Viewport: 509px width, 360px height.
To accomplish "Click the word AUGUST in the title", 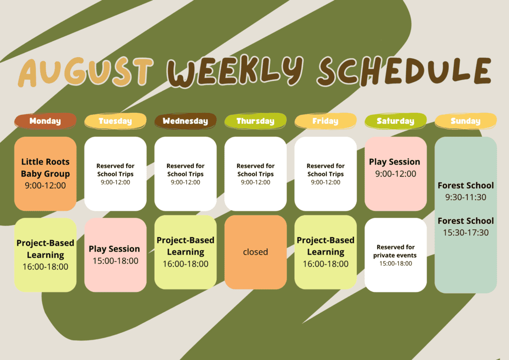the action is [85, 72].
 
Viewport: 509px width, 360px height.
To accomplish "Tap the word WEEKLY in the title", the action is [235, 72].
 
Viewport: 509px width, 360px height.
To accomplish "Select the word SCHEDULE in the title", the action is [405, 71].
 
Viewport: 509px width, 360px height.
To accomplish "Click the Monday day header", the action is [45, 121].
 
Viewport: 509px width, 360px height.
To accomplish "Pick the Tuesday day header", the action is [115, 121].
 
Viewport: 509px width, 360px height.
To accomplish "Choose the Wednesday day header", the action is [185, 121].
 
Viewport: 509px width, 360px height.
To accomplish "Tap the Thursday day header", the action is [255, 121].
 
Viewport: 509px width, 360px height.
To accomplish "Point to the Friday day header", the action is [326, 121].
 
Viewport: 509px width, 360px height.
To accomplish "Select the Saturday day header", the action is [396, 121].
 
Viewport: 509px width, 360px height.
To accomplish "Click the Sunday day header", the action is [466, 121].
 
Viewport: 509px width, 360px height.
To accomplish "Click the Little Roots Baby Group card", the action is [45, 174].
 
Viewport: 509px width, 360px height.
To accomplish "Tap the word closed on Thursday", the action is [255, 252].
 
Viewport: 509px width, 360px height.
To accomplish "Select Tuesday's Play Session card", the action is [115, 255].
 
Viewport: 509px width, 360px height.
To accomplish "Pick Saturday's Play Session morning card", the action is [396, 174].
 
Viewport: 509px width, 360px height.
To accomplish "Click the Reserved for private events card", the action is [396, 255].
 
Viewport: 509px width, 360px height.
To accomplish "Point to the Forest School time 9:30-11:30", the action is [466, 197].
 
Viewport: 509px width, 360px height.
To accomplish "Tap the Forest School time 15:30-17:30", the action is [466, 232].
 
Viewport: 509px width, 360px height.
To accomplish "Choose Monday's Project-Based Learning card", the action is [45, 255].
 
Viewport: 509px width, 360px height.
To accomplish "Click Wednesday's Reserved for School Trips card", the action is [185, 174].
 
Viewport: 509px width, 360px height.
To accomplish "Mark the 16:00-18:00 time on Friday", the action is [326, 264].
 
